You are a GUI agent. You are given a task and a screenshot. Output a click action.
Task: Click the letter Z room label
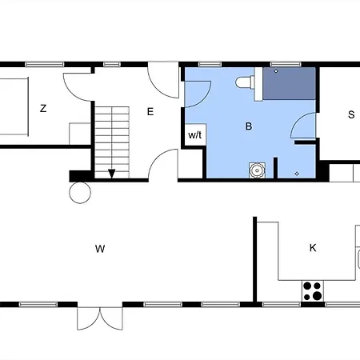click(43, 109)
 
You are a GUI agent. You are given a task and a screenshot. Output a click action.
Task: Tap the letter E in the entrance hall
click(150, 111)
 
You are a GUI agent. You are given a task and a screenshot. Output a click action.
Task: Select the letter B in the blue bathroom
click(249, 126)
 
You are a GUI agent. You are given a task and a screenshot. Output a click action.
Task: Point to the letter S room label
click(351, 114)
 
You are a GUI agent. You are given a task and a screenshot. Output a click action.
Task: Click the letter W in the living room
click(100, 249)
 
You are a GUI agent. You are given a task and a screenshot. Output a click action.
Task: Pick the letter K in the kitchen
click(313, 248)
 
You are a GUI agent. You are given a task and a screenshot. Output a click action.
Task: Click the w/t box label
click(195, 135)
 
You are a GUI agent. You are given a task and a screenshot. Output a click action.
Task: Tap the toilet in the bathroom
click(245, 82)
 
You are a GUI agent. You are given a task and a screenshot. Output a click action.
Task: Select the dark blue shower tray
click(290, 84)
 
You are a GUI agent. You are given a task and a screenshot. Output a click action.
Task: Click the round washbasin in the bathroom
click(257, 170)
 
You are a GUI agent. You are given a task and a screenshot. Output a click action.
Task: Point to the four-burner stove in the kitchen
click(313, 290)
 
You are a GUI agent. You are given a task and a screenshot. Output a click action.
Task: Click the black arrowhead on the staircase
click(112, 174)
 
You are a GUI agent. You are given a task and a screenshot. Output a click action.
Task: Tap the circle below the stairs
click(80, 193)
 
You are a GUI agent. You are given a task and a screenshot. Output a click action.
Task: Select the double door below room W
click(100, 318)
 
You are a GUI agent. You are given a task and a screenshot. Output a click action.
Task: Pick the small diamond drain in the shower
click(276, 71)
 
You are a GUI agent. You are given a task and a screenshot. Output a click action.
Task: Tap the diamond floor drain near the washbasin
click(297, 174)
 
